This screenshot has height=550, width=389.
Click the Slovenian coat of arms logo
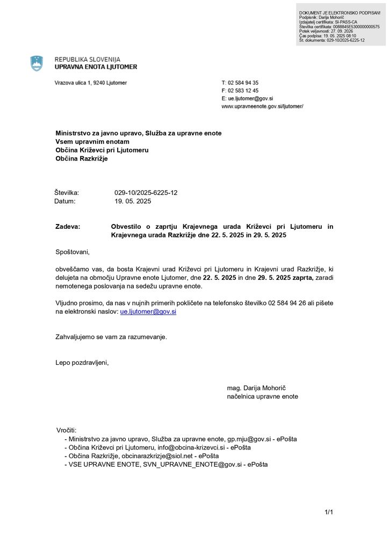[37, 63]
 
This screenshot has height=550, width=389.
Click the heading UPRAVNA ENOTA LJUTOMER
[96, 67]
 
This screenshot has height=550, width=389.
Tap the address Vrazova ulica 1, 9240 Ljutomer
[91, 83]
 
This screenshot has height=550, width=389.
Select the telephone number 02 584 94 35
[243, 83]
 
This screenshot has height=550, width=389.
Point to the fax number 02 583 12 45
[243, 91]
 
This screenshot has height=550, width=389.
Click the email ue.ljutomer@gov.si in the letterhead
[250, 99]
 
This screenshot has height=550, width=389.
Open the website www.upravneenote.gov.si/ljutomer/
[262, 107]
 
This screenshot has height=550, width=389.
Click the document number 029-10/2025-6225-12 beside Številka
[146, 192]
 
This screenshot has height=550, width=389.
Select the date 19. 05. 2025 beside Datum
[133, 201]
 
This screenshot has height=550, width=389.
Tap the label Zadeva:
[68, 227]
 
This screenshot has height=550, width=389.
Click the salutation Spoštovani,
[73, 252]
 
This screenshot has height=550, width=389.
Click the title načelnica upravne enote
[262, 396]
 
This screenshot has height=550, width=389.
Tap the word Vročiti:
[67, 430]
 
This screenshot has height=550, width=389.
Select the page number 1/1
[329, 512]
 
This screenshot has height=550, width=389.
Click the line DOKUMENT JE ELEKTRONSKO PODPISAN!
[340, 13]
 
